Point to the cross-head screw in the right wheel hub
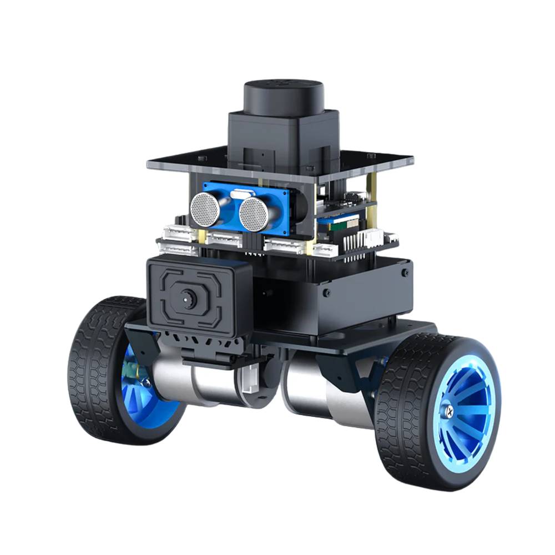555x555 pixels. pyautogui.click(x=450, y=411)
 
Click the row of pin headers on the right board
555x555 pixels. pyautogui.click(x=355, y=244)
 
